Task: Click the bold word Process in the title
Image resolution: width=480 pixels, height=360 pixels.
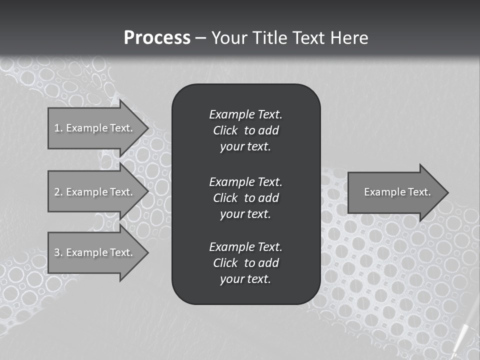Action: pos(157,38)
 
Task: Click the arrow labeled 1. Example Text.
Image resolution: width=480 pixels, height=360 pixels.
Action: pos(95,128)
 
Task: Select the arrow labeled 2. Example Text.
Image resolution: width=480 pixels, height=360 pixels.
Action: pos(95,192)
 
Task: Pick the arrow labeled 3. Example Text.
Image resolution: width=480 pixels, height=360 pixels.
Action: pos(95,252)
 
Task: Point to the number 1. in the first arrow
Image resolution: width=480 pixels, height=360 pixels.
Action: pos(58,128)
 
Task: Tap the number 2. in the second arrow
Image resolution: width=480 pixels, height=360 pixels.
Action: pos(58,192)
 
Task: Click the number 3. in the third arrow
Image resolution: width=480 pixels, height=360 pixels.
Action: pos(58,252)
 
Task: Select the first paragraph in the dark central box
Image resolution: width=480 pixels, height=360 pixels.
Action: pos(245,130)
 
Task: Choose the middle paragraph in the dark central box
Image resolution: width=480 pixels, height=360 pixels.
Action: pos(245,198)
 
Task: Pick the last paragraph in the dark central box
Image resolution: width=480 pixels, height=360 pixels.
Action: pos(245,263)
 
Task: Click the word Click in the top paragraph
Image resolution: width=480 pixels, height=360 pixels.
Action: pos(225,130)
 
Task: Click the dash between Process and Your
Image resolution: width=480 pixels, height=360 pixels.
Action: pos(200,38)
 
